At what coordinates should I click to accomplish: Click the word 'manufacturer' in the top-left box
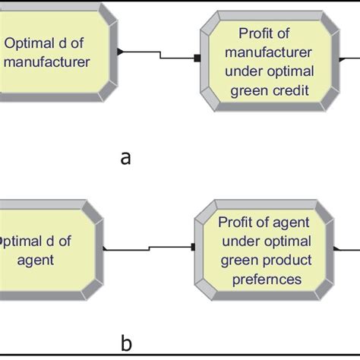tap(46, 62)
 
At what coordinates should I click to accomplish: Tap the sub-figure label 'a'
tap(126, 157)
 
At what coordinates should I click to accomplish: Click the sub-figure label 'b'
tap(126, 344)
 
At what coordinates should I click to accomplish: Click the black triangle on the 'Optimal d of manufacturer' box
tap(120, 52)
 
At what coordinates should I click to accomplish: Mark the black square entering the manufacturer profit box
tap(197, 58)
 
